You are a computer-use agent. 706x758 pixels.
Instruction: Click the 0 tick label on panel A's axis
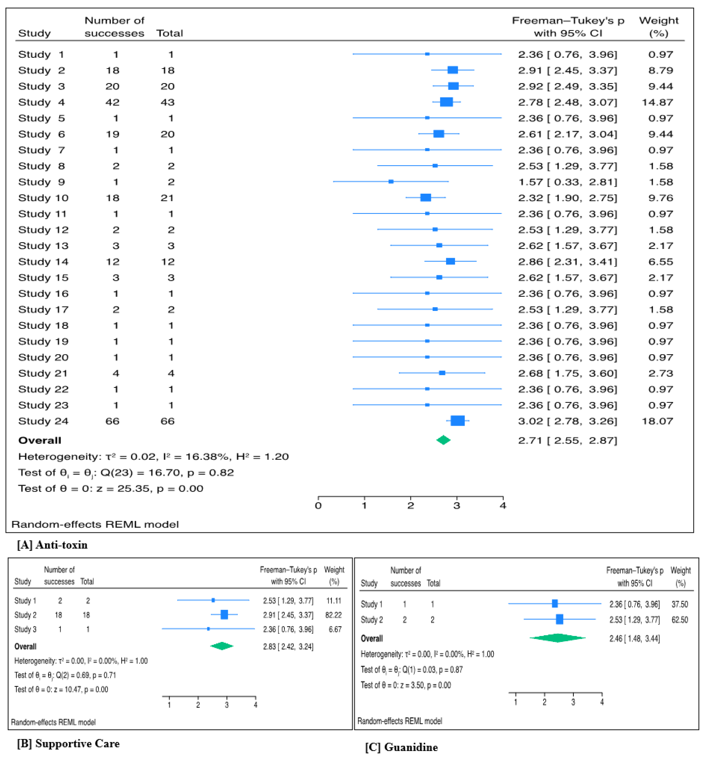point(318,506)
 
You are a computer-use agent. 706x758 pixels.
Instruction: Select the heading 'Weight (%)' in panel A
point(659,27)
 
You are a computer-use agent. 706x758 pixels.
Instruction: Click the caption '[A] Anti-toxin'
point(52,545)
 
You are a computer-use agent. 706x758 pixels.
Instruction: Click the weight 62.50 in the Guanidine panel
point(680,620)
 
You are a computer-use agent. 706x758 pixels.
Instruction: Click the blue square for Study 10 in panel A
point(426,198)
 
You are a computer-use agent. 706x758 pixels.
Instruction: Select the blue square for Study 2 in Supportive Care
point(224,615)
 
